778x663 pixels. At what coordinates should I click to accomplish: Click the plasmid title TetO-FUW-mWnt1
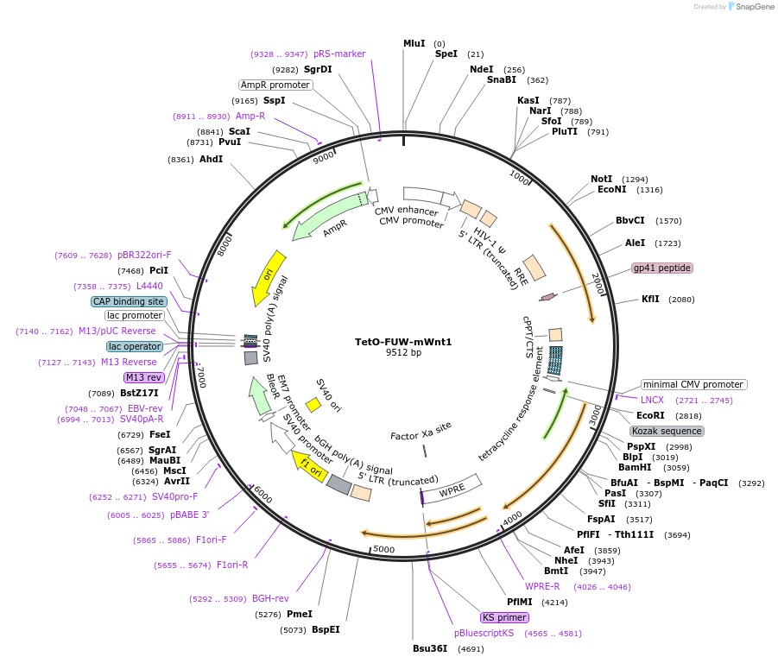point(403,341)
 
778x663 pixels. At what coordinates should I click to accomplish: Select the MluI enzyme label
point(414,43)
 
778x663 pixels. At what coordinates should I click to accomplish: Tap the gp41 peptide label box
point(662,268)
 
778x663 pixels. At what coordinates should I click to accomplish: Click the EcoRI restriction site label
point(650,415)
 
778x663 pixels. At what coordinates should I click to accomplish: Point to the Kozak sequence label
point(667,431)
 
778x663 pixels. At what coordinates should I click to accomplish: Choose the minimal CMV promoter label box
point(693,384)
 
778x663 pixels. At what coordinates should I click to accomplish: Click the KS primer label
point(505,617)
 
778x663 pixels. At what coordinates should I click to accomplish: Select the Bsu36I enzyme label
point(430,648)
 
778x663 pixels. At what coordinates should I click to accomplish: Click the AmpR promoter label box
point(275,85)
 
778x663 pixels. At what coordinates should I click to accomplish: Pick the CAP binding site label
point(129,302)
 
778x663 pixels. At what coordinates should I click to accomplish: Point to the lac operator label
point(135,346)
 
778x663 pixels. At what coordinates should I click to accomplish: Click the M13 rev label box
point(143,377)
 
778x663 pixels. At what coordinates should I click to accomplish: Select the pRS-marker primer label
point(339,54)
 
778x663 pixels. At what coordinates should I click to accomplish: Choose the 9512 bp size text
point(403,352)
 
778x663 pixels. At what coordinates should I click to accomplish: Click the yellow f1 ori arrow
point(312,467)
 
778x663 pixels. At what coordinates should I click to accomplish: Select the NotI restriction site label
point(602,179)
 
